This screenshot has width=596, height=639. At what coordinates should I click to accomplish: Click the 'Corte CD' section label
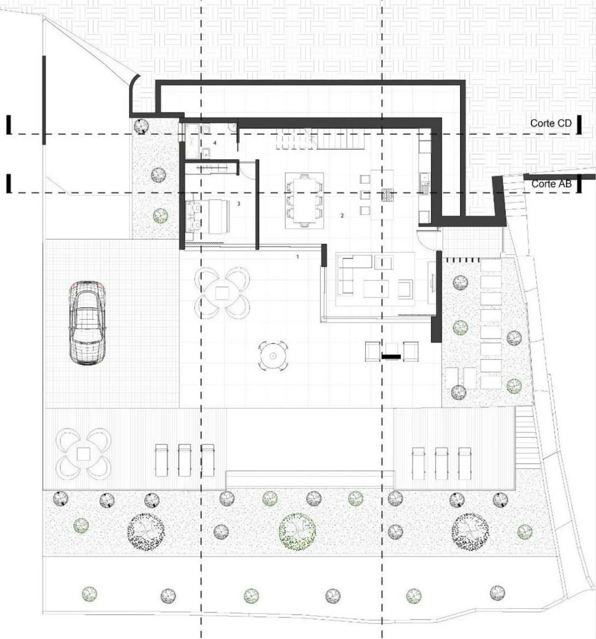(x=551, y=123)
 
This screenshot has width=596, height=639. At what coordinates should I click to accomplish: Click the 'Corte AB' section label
(x=551, y=184)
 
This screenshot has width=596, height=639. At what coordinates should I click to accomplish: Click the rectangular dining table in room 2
(x=304, y=201)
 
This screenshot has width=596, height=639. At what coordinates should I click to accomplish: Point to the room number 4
(x=215, y=143)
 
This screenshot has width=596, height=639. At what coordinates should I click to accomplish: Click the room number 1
(x=298, y=257)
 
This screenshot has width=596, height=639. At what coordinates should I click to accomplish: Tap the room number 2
(x=342, y=216)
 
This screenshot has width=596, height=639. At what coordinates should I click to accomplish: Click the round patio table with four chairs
(x=273, y=356)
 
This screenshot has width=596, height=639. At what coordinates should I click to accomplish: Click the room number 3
(x=238, y=204)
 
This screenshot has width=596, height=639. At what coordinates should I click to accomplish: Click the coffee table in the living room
(x=376, y=288)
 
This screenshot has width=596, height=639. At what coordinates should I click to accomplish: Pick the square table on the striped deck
(x=84, y=454)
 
